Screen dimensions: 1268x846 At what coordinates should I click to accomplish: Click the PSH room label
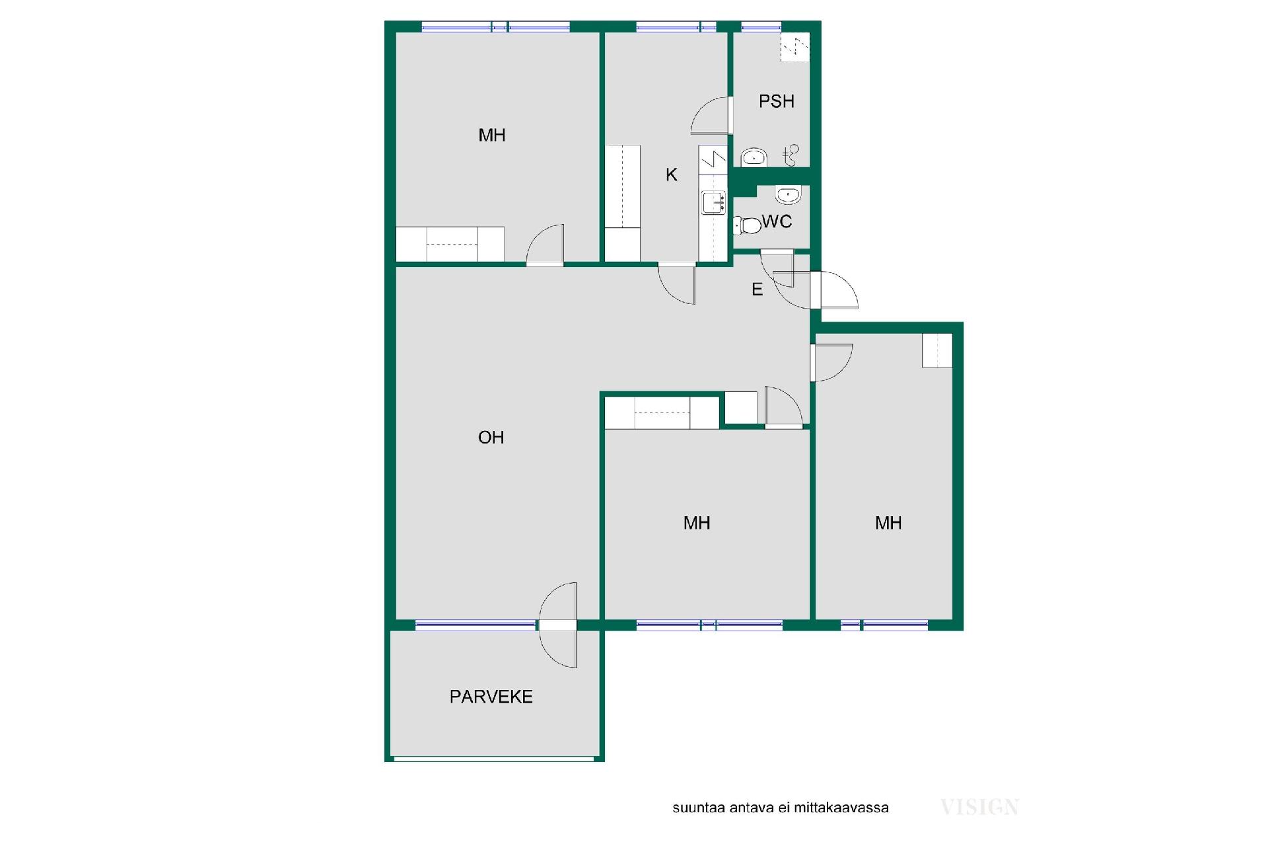point(776,101)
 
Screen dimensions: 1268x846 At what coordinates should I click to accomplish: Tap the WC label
point(777,221)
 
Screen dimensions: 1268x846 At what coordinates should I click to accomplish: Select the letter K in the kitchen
point(672,174)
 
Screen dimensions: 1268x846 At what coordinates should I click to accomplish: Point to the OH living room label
point(491,437)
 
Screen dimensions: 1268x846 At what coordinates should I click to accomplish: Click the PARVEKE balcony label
point(491,697)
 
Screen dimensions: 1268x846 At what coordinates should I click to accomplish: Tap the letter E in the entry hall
point(757,289)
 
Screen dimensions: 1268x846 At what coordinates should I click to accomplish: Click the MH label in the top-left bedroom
point(492,135)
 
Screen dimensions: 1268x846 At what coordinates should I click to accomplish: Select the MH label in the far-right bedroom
point(888,523)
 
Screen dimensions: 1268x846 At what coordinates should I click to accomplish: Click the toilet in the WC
point(747,225)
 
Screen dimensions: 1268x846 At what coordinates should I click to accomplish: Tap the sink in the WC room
point(788,195)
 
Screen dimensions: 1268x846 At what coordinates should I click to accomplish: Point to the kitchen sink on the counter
point(713,202)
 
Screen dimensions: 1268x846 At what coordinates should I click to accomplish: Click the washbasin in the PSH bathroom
point(754,157)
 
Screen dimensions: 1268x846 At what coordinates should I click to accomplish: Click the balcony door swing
point(558,625)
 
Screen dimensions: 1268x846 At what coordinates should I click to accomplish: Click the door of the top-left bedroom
point(545,245)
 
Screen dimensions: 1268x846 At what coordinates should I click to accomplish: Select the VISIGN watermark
point(979,807)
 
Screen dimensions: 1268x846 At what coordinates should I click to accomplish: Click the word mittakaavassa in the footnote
point(841,808)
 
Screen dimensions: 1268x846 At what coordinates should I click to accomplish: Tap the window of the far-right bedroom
point(884,625)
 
